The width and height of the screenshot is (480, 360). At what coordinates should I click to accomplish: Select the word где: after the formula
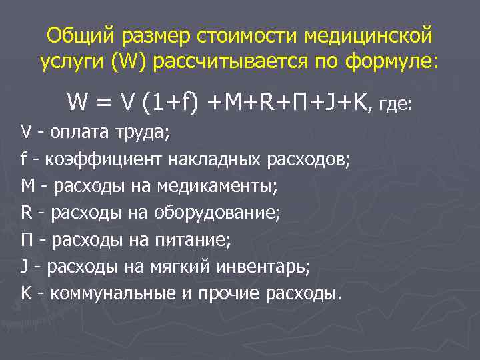[x=395, y=105]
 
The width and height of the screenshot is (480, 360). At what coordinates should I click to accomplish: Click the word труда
[x=141, y=133]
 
